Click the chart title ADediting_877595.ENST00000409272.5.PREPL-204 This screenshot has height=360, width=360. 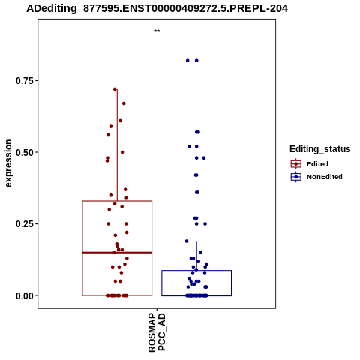[x=157, y=9]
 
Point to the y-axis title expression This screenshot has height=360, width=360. [x=8, y=163]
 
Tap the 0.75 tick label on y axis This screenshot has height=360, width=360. [x=25, y=81]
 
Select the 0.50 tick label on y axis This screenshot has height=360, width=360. [x=25, y=152]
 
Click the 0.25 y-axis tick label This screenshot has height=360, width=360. [x=25, y=224]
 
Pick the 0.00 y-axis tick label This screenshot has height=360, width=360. [x=25, y=295]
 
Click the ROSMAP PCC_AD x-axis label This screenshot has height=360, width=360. [x=157, y=333]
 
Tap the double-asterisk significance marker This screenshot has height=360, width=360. [x=157, y=31]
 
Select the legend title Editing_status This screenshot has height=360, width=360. [x=320, y=149]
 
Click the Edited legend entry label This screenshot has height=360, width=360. [x=317, y=164]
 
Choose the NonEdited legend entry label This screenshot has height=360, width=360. [x=325, y=177]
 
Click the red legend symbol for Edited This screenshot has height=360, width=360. [x=296, y=164]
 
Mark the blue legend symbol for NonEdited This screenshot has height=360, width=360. [x=296, y=177]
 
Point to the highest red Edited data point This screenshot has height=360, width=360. [x=115, y=89]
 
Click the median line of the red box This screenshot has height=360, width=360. [x=117, y=253]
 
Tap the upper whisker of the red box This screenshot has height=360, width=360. [x=117, y=145]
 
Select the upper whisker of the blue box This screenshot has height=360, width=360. [x=196, y=256]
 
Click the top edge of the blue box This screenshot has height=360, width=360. [x=196, y=271]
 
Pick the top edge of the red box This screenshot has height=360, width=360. [x=117, y=201]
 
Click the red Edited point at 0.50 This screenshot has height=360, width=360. [x=122, y=152]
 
